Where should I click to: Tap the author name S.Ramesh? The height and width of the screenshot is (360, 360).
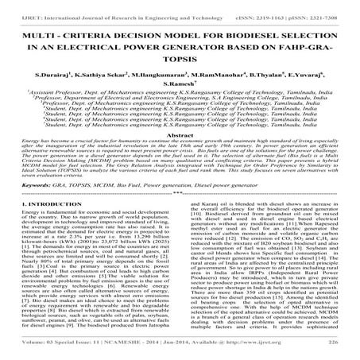pyautogui.click(x=180, y=93)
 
